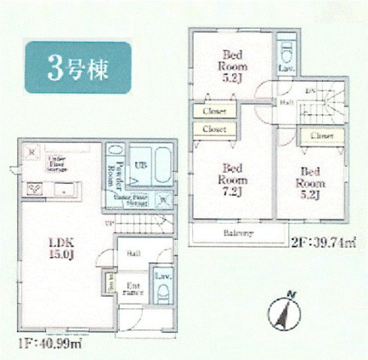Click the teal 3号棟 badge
tap(78, 67)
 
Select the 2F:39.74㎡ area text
tap(322, 241)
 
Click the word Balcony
tap(237, 233)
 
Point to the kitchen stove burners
tap(35, 190)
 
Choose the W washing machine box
tap(164, 199)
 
